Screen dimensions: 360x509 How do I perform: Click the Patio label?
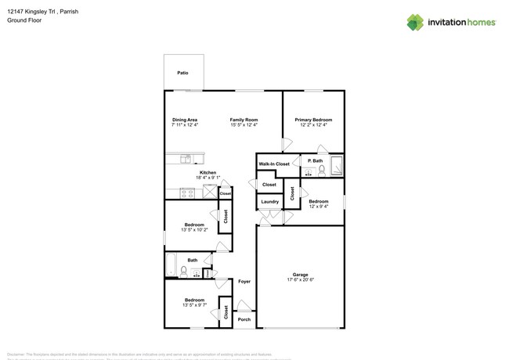(182, 73)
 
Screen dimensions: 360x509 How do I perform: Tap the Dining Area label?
(185, 120)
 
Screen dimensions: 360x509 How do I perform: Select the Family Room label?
(244, 120)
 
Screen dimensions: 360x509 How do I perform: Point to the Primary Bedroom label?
(312, 120)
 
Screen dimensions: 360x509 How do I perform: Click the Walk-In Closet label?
(274, 164)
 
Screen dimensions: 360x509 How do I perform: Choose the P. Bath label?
(315, 161)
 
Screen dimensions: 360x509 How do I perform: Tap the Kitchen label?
(208, 172)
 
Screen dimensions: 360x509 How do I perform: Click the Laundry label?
(269, 202)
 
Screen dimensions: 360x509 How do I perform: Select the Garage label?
(300, 275)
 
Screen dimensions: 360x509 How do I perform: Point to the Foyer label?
(244, 280)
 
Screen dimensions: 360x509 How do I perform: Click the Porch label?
(244, 319)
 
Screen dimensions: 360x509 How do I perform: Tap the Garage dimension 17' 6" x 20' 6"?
(300, 280)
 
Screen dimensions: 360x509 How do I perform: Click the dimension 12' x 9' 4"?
(317, 207)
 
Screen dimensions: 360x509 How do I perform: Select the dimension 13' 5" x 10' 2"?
(194, 229)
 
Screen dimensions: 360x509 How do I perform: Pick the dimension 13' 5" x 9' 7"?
(194, 304)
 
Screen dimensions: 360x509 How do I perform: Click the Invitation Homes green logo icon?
(415, 22)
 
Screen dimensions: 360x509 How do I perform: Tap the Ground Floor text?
(23, 20)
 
